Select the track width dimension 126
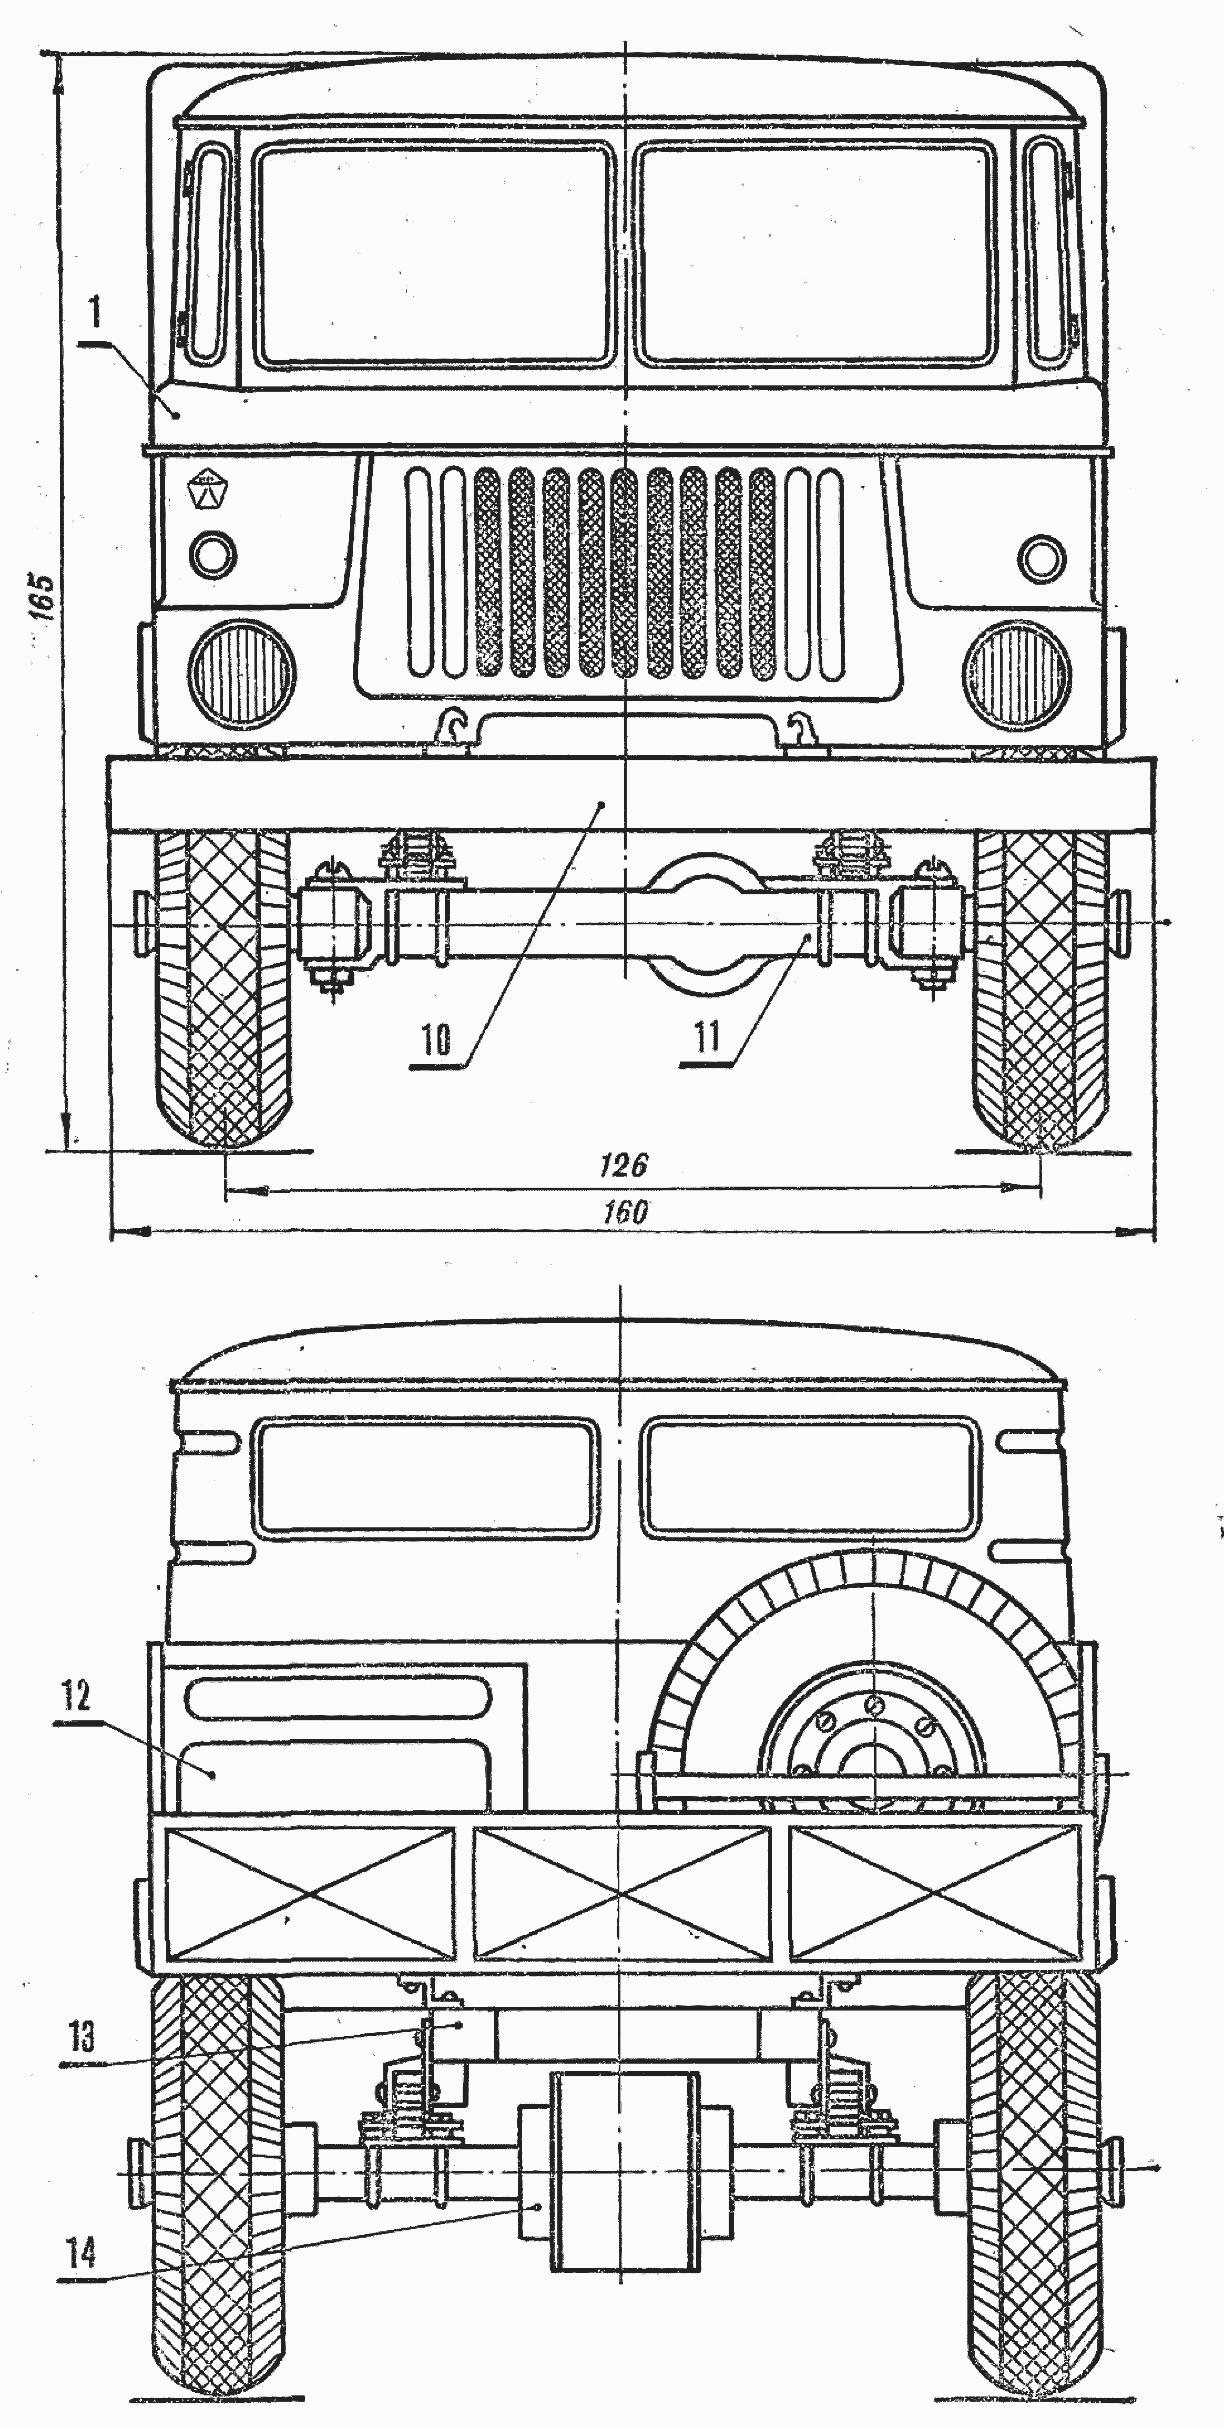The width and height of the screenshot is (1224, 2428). tap(624, 1166)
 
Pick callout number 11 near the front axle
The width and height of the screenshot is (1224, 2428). tap(707, 1037)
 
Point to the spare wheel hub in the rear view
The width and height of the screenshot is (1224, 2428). tap(873, 1762)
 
